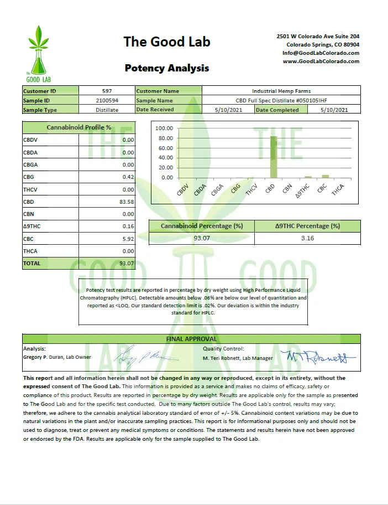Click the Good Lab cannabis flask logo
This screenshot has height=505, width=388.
[38, 53]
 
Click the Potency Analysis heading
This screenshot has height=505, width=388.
[166, 68]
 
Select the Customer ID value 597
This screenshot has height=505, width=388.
[107, 91]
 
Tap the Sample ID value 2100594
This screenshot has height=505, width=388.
[107, 101]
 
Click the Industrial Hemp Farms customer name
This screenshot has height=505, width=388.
[281, 91]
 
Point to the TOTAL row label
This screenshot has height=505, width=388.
[32, 264]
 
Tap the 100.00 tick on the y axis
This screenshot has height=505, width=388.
[165, 128]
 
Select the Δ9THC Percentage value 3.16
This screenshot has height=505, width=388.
[307, 238]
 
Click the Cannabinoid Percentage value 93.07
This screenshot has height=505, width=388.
[201, 238]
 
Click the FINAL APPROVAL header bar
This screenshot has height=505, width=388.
[191, 339]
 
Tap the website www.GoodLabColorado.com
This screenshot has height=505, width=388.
[321, 61]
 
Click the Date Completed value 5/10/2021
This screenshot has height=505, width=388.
[334, 110]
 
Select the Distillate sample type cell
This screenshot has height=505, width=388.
[107, 110]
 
